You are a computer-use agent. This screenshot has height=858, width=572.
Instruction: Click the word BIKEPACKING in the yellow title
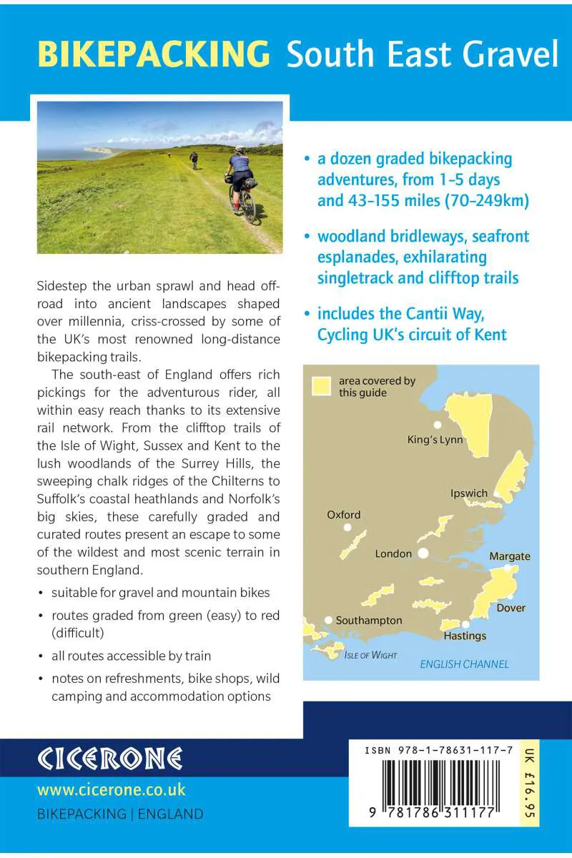(154, 54)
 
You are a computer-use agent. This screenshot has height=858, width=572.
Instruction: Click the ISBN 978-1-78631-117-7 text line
(438, 750)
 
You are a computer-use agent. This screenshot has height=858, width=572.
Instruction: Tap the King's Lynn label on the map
(435, 439)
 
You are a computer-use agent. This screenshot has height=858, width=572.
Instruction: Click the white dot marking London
(423, 553)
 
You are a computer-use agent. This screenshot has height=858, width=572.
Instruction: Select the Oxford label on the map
(344, 514)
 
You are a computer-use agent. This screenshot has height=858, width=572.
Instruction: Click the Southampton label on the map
(369, 620)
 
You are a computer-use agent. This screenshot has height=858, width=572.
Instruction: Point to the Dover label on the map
(511, 608)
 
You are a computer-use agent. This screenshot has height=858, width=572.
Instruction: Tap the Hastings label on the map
(465, 636)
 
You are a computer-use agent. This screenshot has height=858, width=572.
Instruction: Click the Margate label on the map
(510, 556)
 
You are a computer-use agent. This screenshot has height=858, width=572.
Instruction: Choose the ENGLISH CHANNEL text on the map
(465, 664)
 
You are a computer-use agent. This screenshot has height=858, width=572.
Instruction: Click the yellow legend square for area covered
(322, 386)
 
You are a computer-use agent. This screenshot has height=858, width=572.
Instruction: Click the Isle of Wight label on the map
(370, 655)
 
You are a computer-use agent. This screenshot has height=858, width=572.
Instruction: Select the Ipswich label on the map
(469, 493)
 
